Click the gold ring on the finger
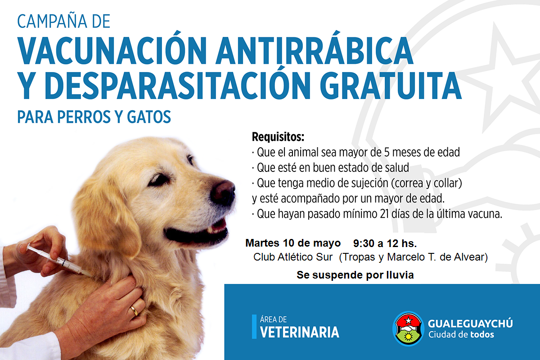click(135, 310)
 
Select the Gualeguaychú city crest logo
click(408, 328)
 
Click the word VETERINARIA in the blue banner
click(300, 332)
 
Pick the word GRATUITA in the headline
click(391, 86)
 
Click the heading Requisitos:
click(278, 137)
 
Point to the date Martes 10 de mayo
click(293, 243)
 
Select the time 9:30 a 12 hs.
click(385, 243)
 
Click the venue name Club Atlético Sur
click(293, 257)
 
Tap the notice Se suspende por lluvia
click(355, 275)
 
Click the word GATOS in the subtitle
click(149, 117)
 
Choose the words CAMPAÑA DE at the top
click(63, 21)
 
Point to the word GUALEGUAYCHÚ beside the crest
click(470, 323)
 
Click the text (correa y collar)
click(426, 183)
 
